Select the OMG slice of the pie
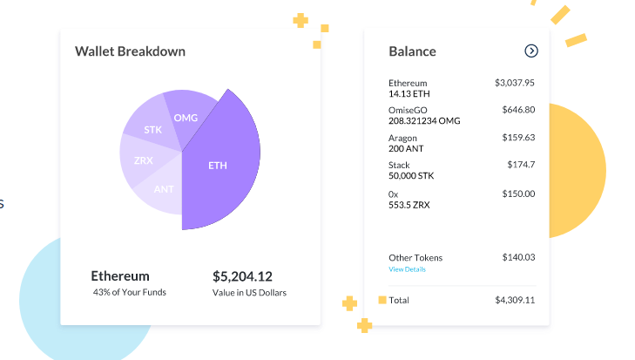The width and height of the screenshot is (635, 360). pyautogui.click(x=186, y=118)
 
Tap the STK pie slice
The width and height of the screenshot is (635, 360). pyautogui.click(x=153, y=130)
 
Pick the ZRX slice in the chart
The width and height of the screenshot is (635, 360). pyautogui.click(x=144, y=161)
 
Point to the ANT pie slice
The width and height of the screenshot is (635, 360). pyautogui.click(x=163, y=189)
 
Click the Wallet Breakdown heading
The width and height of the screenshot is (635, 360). pyautogui.click(x=130, y=51)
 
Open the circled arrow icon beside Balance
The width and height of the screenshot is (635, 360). pyautogui.click(x=531, y=51)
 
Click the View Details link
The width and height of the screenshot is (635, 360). pyautogui.click(x=407, y=269)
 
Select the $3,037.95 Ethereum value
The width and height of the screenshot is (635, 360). pyautogui.click(x=514, y=83)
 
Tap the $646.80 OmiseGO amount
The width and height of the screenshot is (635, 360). pyautogui.click(x=518, y=110)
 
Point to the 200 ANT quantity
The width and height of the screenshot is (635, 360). pyautogui.click(x=405, y=148)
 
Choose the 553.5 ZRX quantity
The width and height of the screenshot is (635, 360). pyautogui.click(x=409, y=204)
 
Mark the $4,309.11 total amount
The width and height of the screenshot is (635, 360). pyautogui.click(x=514, y=300)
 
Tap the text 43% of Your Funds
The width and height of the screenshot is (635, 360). pyautogui.click(x=129, y=292)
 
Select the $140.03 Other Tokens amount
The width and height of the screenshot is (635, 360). pyautogui.click(x=518, y=257)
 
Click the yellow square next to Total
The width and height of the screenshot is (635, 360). pyautogui.click(x=382, y=300)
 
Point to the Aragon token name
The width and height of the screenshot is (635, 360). pyautogui.click(x=402, y=138)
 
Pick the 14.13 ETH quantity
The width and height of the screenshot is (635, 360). pyautogui.click(x=409, y=93)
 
